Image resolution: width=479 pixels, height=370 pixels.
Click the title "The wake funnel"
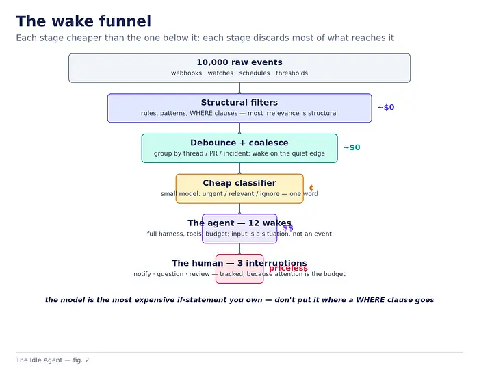point(83,21)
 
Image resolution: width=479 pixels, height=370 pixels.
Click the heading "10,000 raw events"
point(239,62)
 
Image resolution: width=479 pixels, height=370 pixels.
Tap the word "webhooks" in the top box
point(186,73)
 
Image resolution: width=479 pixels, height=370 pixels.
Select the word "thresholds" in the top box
point(292,73)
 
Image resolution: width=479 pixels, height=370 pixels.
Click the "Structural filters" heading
point(239,103)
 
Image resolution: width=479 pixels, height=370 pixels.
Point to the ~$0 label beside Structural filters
point(386,108)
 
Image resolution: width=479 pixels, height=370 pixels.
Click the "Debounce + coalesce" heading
point(239,143)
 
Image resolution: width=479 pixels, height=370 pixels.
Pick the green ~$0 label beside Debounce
point(352,147)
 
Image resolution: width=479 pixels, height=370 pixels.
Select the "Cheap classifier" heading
point(239,183)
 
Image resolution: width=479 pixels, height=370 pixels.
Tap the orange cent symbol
point(311,188)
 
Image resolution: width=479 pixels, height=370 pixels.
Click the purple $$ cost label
point(288,227)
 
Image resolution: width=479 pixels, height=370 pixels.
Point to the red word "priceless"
point(288,268)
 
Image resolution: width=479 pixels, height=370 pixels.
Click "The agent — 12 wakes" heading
point(239,223)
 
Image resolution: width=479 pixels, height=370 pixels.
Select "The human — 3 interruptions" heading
point(239,263)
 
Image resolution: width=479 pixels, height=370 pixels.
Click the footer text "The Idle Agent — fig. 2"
point(53,360)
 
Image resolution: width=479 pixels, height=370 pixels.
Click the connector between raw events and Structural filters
point(239,88)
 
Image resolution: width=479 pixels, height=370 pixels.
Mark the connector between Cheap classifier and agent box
point(239,208)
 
